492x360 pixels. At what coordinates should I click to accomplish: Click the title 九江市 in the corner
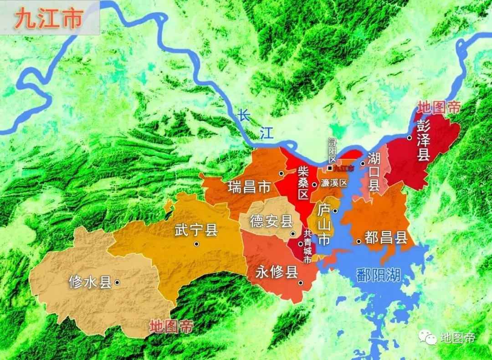tap(48, 19)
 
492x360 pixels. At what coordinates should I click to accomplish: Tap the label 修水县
tap(90, 282)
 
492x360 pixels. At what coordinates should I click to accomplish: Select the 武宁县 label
tap(196, 230)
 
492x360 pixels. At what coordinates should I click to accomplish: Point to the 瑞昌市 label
tap(249, 187)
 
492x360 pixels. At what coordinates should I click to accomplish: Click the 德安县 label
tap(271, 222)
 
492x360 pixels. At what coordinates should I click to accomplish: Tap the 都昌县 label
tap(386, 238)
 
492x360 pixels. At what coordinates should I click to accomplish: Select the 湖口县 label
tap(374, 172)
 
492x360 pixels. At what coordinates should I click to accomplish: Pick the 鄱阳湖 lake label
tap(379, 274)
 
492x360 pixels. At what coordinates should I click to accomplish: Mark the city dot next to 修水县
tap(117, 283)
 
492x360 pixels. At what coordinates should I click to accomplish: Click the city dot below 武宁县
tap(196, 244)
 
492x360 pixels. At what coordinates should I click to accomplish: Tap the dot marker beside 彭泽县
tap(409, 137)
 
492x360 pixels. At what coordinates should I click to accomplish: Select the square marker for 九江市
tap(329, 168)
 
